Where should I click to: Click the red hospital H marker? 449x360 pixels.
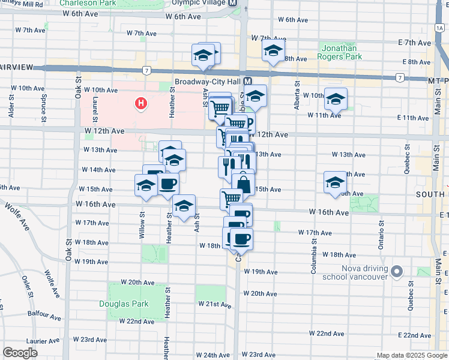tap(141, 104)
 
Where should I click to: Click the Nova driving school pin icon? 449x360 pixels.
tap(396, 272)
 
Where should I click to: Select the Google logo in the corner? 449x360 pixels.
tap(20, 353)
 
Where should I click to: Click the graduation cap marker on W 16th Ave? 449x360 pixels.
tap(184, 207)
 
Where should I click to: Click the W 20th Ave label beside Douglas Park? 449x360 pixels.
tap(137, 282)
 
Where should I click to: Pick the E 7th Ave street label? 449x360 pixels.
tap(414, 43)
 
